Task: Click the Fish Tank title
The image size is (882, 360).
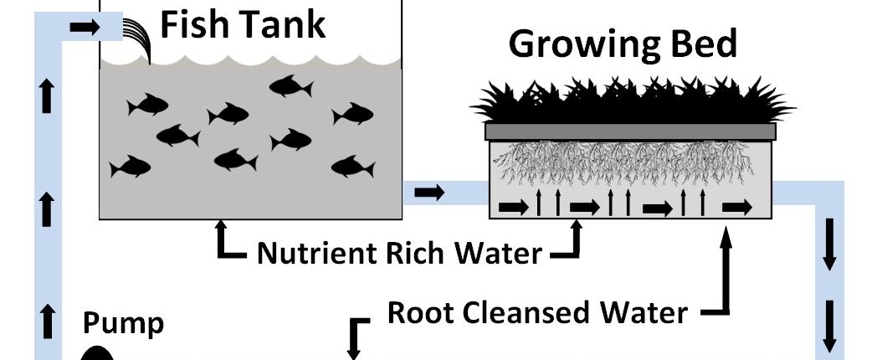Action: coord(242,25)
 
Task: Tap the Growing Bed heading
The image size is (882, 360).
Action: coord(623,44)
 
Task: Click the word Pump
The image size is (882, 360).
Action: coord(123,323)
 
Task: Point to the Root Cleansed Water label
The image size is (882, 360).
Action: coord(537,312)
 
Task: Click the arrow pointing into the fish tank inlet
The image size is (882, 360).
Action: coord(84,28)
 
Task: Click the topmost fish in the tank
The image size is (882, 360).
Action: coord(290,85)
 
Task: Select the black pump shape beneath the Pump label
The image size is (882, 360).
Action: coord(97,354)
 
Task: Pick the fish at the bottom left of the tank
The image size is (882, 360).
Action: coord(130,167)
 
